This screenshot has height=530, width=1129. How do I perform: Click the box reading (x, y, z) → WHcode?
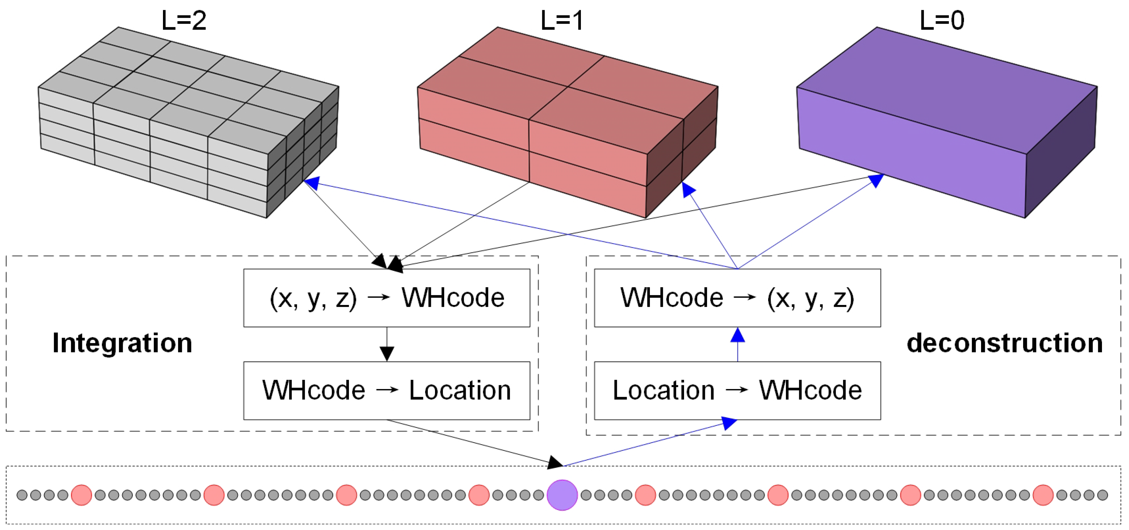pos(386,298)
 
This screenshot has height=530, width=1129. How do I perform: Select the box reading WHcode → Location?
pos(386,390)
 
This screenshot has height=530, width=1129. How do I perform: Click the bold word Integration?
pos(122,343)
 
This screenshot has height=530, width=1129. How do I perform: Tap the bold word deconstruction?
pos(1005,343)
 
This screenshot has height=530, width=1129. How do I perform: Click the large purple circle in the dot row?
pos(562,495)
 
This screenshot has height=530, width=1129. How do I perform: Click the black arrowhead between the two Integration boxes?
pos(386,353)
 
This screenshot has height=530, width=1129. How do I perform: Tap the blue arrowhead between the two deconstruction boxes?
pos(738,336)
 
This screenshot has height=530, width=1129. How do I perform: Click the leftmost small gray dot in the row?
pos(22,495)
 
